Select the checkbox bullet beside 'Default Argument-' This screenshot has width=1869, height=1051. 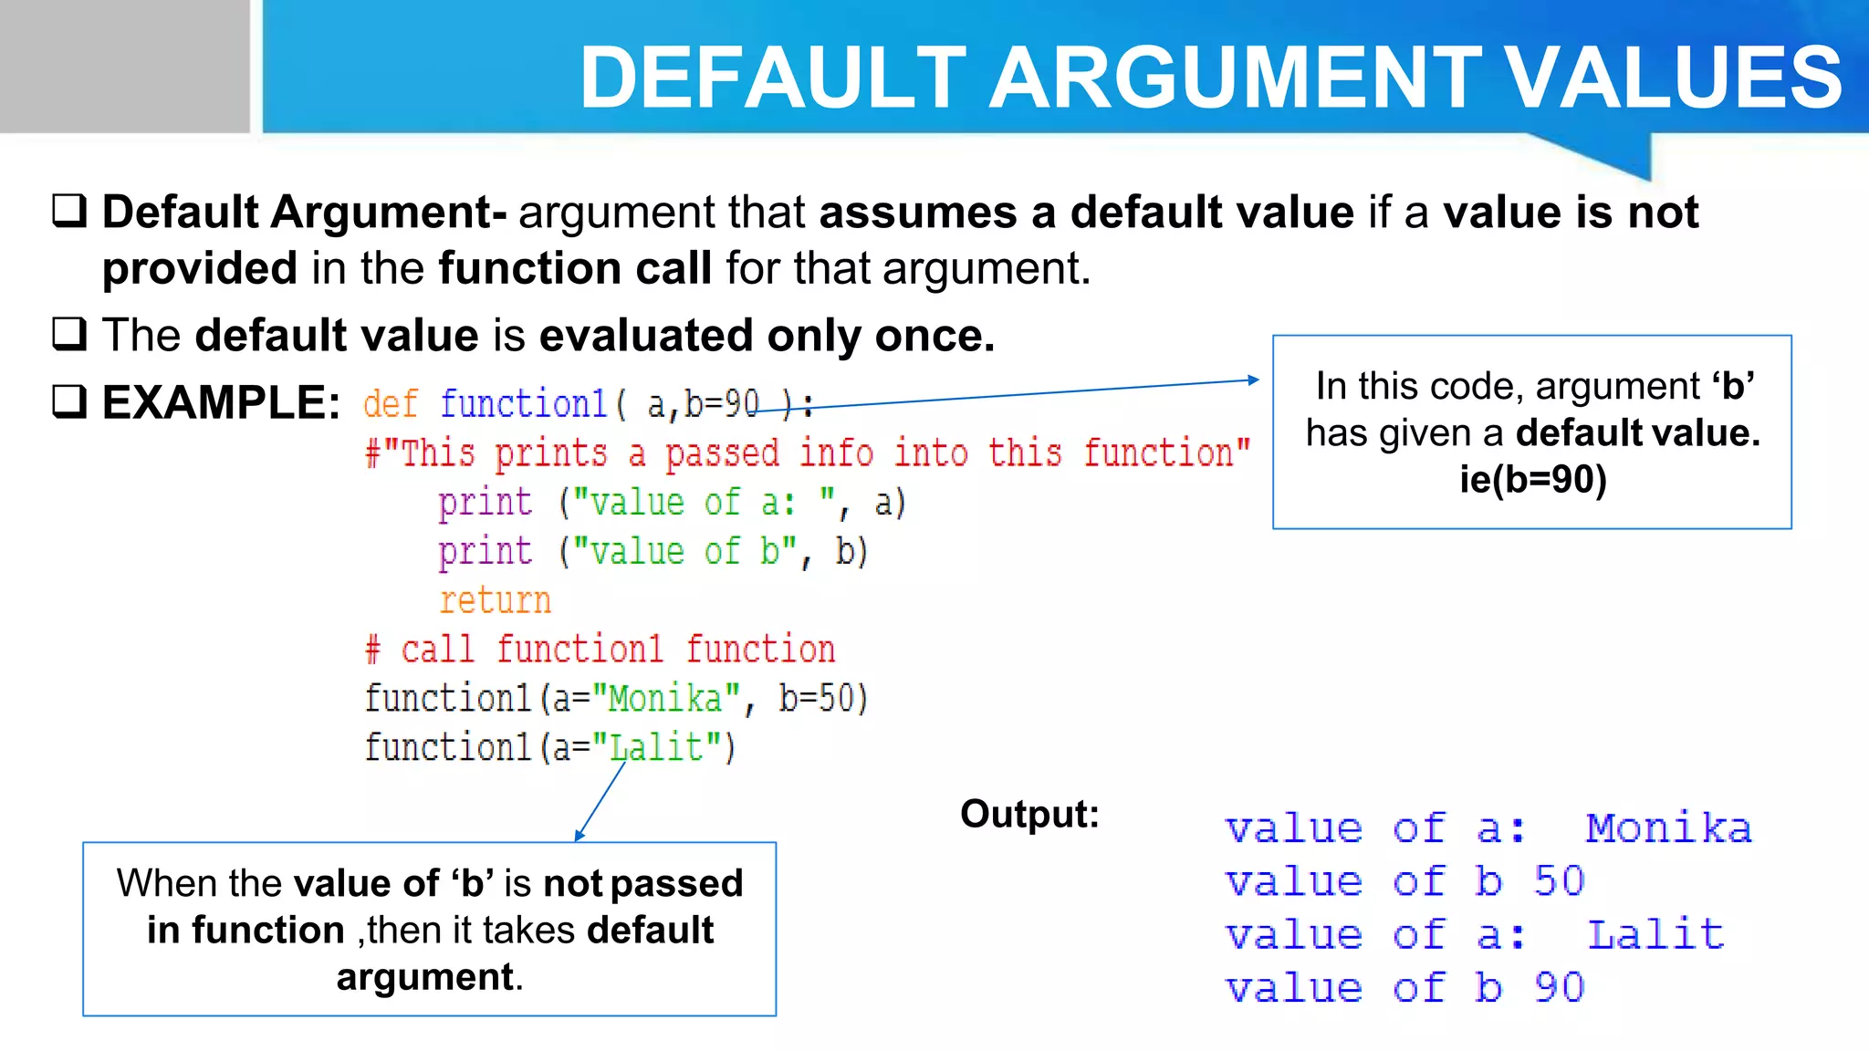pyautogui.click(x=69, y=212)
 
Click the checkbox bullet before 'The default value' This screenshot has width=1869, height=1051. pyautogui.click(x=69, y=335)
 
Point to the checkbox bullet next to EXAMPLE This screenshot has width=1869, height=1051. pyautogui.click(x=69, y=401)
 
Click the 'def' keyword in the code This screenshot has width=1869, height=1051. pyautogui.click(x=391, y=403)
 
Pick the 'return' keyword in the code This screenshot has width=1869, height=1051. pyautogui.click(x=495, y=600)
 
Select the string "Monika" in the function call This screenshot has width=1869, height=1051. pyautogui.click(x=665, y=699)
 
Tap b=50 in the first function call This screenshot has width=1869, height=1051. pyautogui.click(x=822, y=699)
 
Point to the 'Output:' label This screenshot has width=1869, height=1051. pyautogui.click(x=1029, y=814)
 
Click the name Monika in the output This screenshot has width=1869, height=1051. pyautogui.click(x=1668, y=828)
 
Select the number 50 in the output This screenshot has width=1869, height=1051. pyautogui.click(x=1560, y=881)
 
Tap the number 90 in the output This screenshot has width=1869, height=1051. pyautogui.click(x=1560, y=987)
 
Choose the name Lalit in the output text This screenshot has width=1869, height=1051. pyautogui.click(x=1655, y=935)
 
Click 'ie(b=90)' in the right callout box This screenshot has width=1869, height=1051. pyautogui.click(x=1532, y=479)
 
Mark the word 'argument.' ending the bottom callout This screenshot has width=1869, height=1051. pyautogui.click(x=430, y=977)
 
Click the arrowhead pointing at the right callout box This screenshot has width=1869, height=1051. pyautogui.click(x=1254, y=380)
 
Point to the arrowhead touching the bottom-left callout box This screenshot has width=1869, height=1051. pyautogui.click(x=579, y=835)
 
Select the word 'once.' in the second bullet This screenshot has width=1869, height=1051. pyautogui.click(x=934, y=336)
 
